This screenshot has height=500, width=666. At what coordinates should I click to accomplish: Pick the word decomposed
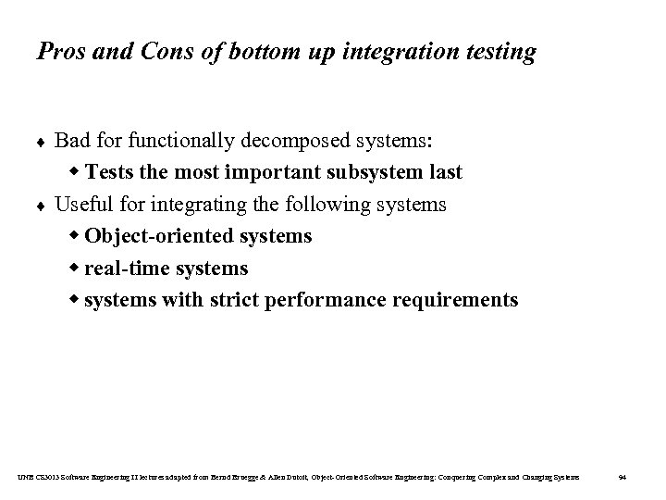(280, 142)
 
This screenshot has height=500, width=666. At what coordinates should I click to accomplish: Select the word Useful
(80, 205)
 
